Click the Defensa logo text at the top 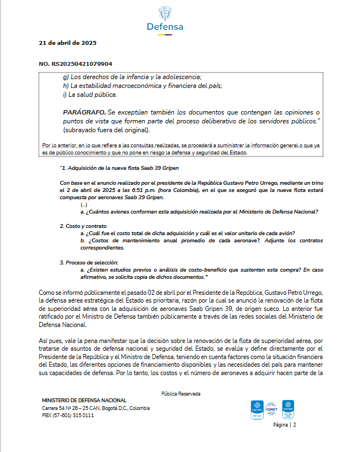click(x=165, y=27)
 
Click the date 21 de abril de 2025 click(x=68, y=43)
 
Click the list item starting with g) click(x=132, y=77)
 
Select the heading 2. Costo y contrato click(x=83, y=226)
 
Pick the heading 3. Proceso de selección click(x=89, y=262)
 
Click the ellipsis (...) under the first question click(x=84, y=205)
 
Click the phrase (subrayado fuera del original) click(x=106, y=130)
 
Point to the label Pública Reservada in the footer click(x=181, y=393)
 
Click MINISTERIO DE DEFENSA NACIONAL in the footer click(x=84, y=400)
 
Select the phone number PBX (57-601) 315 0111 click(x=68, y=415)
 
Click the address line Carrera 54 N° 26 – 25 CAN click(x=96, y=408)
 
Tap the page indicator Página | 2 click(x=285, y=425)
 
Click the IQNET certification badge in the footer click(x=272, y=408)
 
